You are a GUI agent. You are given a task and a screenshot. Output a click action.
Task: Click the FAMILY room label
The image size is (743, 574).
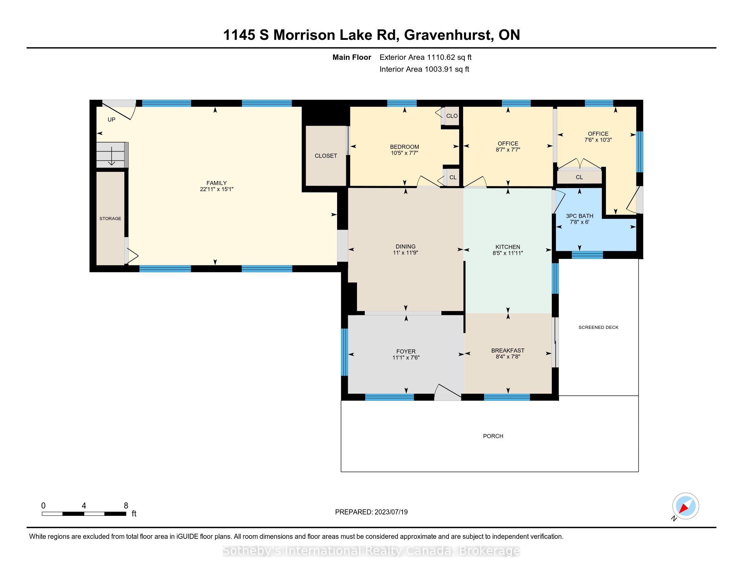click(x=216, y=183)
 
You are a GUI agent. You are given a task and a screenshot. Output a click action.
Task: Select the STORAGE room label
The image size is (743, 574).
click(x=110, y=218)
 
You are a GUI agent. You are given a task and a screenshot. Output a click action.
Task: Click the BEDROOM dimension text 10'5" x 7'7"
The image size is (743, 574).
click(x=404, y=153)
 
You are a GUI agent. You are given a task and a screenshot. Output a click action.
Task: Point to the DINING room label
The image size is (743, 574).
click(x=406, y=246)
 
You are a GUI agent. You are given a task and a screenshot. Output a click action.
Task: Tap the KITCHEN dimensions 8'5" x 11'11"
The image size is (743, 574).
click(x=508, y=253)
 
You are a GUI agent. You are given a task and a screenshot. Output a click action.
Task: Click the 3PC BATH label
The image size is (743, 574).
click(x=579, y=216)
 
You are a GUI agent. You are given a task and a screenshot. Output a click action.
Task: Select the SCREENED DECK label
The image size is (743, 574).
click(x=598, y=328)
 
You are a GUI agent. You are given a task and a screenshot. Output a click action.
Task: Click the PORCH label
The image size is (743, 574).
click(x=493, y=436)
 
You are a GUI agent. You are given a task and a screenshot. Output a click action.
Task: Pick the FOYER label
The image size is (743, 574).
click(x=406, y=351)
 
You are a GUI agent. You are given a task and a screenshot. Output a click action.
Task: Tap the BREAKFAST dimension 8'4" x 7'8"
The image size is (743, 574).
click(x=508, y=357)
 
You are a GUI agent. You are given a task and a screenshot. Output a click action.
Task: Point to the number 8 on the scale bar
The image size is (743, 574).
click(x=126, y=506)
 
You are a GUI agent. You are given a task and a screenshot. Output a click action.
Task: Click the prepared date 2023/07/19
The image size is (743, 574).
click(x=391, y=512)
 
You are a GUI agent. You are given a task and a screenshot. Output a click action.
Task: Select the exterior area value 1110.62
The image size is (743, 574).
click(x=441, y=57)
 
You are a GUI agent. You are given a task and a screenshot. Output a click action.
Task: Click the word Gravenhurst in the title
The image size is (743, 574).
click(x=447, y=35)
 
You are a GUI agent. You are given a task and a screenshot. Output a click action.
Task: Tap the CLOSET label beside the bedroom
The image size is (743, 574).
click(x=326, y=156)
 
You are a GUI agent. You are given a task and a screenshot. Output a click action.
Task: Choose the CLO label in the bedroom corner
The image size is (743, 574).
click(x=452, y=116)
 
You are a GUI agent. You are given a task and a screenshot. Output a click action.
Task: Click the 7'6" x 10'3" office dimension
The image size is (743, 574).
click(x=598, y=140)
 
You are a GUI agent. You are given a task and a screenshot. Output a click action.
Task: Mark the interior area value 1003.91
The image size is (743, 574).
click(x=439, y=69)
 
